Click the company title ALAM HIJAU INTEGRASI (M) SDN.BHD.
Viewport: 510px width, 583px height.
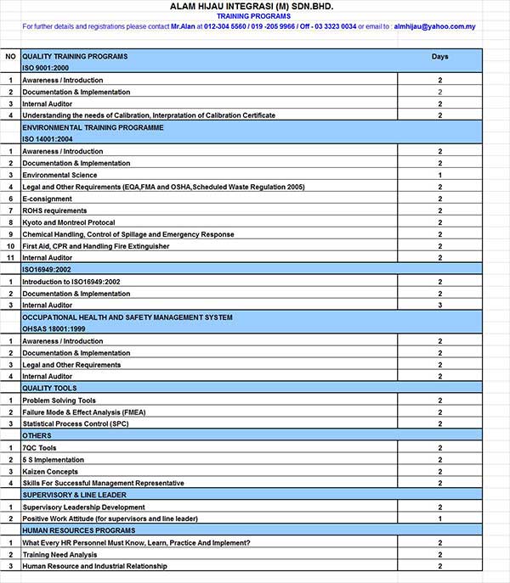point(252,6)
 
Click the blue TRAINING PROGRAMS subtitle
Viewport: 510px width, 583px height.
point(252,16)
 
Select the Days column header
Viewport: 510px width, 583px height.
point(439,57)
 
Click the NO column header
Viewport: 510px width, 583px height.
point(11,57)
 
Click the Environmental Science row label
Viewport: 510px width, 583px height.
point(59,175)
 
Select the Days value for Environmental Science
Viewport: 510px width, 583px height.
point(439,175)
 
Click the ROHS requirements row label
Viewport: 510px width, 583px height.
point(54,210)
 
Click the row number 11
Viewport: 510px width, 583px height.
point(11,258)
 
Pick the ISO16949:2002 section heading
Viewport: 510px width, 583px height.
point(47,269)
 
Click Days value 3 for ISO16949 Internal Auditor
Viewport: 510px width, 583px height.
point(439,305)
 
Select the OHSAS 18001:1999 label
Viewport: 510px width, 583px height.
point(54,328)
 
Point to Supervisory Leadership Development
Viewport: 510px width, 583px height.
point(83,507)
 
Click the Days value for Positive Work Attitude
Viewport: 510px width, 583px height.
point(439,519)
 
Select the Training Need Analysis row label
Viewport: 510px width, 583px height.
point(59,554)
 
